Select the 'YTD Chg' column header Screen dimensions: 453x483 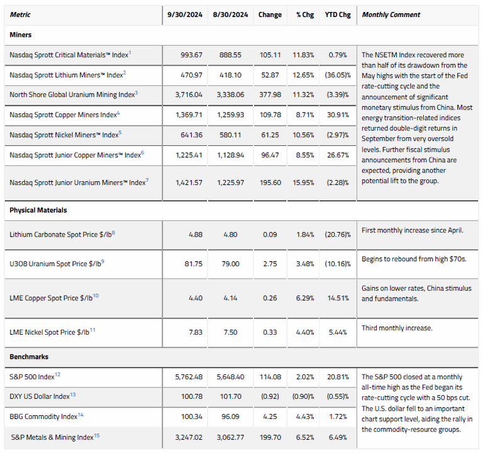pyautogui.click(x=337, y=14)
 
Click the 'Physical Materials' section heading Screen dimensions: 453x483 pyautogui.click(x=38, y=210)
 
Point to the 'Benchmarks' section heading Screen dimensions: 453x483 pyautogui.click(x=29, y=357)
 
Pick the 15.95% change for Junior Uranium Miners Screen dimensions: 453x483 pyautogui.click(x=303, y=182)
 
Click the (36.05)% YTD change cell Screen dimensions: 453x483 pyautogui.click(x=336, y=75)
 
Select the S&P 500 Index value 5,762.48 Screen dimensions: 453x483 pyautogui.click(x=186, y=377)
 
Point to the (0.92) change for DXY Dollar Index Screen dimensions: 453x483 pyautogui.click(x=270, y=397)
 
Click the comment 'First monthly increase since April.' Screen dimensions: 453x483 pyautogui.click(x=412, y=230)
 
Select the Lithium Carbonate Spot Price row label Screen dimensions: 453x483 pyautogui.click(x=62, y=234)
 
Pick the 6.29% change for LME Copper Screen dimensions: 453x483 pyautogui.click(x=303, y=298)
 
